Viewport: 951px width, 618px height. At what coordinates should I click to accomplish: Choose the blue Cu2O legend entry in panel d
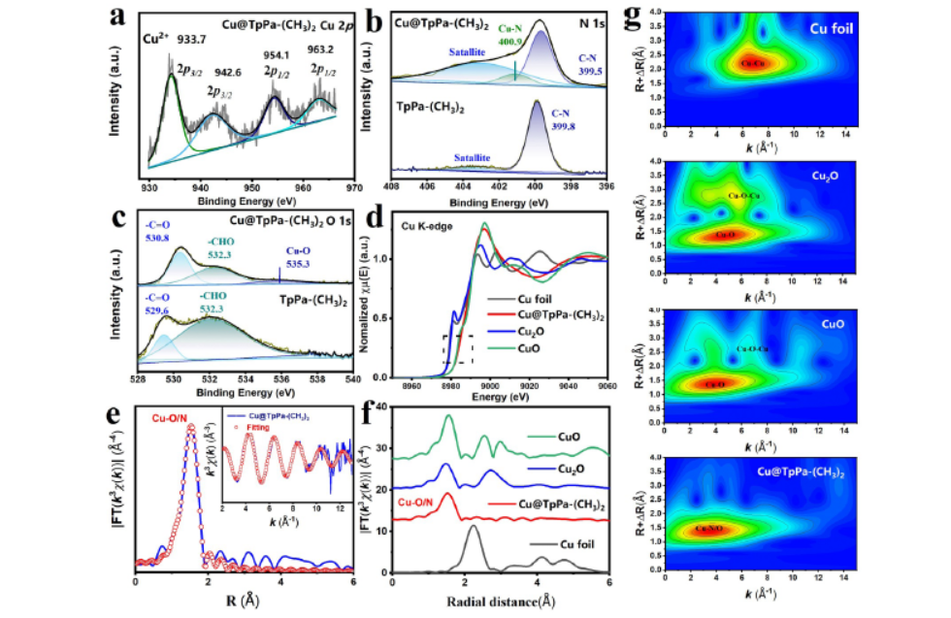click(532, 331)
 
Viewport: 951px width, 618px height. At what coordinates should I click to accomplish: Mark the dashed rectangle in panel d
click(458, 349)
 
